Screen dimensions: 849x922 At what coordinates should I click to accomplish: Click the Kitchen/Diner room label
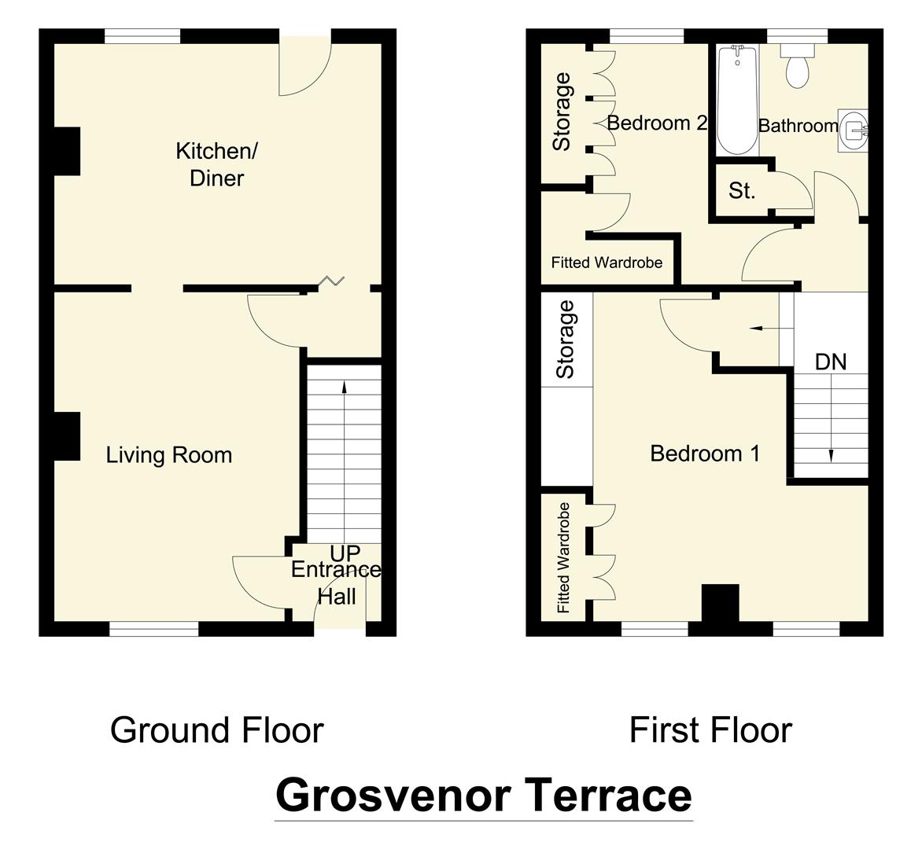pos(216,164)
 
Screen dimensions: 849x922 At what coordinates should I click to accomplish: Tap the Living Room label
pos(169,455)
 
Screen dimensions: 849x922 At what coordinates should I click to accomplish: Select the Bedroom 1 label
pos(705,454)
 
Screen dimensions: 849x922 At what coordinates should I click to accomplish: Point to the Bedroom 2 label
pos(657,123)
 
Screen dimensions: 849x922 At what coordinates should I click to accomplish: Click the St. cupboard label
pos(741,190)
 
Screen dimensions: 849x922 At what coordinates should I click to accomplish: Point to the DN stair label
pos(831,362)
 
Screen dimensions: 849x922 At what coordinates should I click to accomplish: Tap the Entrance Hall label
pos(337,583)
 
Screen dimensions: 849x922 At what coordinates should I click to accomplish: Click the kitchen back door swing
pos(303,67)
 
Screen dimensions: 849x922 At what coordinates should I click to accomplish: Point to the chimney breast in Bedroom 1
pos(720,604)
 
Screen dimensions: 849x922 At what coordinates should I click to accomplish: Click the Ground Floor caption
pos(216,730)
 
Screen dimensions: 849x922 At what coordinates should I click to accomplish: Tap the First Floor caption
pos(710,730)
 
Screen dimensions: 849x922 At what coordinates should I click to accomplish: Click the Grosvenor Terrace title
pos(483,795)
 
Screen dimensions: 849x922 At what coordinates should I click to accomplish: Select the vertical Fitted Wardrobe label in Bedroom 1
pos(563,558)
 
